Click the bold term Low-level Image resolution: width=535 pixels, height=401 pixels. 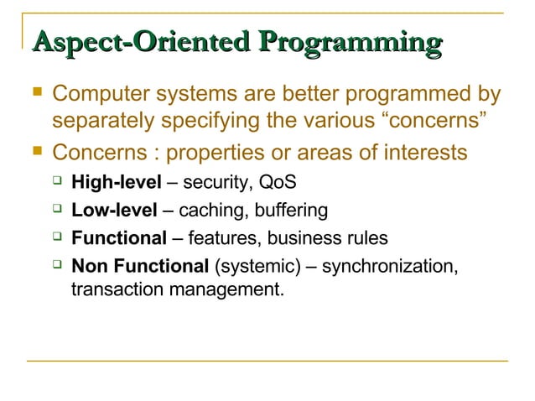113,209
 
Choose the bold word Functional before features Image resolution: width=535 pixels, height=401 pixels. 119,238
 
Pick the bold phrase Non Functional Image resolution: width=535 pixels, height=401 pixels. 140,267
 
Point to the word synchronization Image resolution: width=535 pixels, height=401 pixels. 389,267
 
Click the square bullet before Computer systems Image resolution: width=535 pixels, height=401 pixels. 34,93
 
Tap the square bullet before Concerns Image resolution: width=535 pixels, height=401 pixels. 34,152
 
